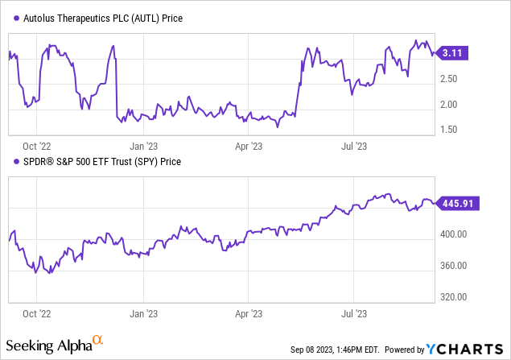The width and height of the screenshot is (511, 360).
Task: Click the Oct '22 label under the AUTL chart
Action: [37, 147]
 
